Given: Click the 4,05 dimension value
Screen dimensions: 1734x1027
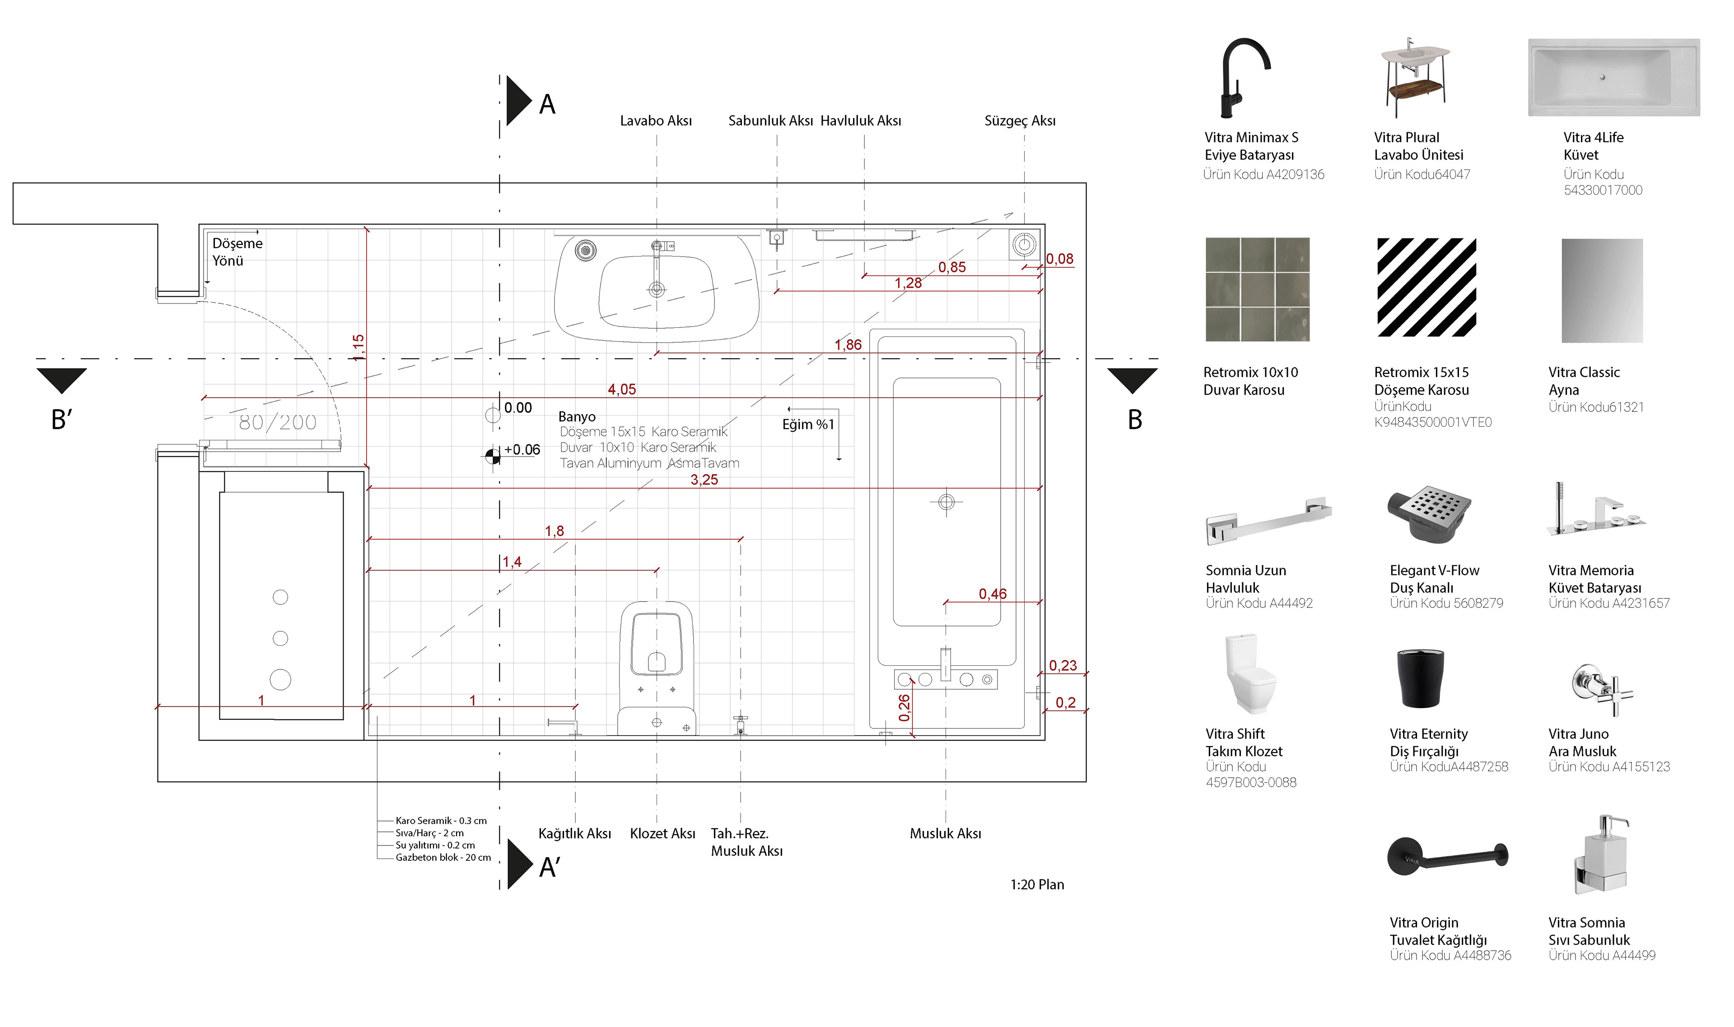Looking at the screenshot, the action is (x=621, y=390).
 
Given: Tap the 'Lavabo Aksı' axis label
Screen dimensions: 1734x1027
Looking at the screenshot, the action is (x=655, y=121).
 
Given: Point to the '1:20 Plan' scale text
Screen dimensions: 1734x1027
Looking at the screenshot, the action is (x=1036, y=884).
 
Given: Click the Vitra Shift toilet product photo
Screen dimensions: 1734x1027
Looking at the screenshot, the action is (x=1250, y=673).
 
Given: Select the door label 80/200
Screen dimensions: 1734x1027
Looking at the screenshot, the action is (x=277, y=422).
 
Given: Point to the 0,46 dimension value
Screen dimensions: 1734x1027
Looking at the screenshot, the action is (x=992, y=594).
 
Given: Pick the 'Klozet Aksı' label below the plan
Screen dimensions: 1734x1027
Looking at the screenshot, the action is (x=662, y=834).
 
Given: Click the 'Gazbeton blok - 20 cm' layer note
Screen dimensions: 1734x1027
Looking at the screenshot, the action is (x=443, y=858).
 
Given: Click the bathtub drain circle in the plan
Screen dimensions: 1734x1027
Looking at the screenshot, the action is (x=946, y=502).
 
